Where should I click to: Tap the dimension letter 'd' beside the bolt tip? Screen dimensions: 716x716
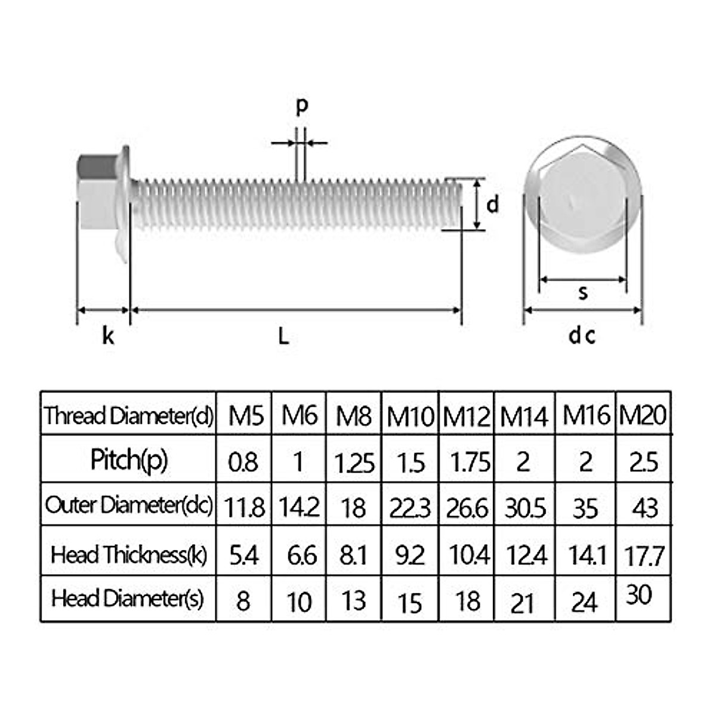[492, 204]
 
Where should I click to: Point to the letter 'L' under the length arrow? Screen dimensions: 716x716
[283, 336]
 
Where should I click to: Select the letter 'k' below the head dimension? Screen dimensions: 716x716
[107, 336]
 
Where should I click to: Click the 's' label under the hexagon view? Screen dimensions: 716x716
[583, 292]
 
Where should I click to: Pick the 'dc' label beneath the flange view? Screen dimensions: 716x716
[582, 336]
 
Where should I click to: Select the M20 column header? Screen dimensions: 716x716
[643, 415]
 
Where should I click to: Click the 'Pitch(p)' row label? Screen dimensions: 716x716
[128, 459]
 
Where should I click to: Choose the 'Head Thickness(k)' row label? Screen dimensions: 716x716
[128, 555]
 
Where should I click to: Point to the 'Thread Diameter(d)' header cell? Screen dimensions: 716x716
[128, 415]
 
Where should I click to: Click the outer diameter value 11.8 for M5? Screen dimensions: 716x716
[244, 508]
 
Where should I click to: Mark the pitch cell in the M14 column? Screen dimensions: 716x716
[523, 462]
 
